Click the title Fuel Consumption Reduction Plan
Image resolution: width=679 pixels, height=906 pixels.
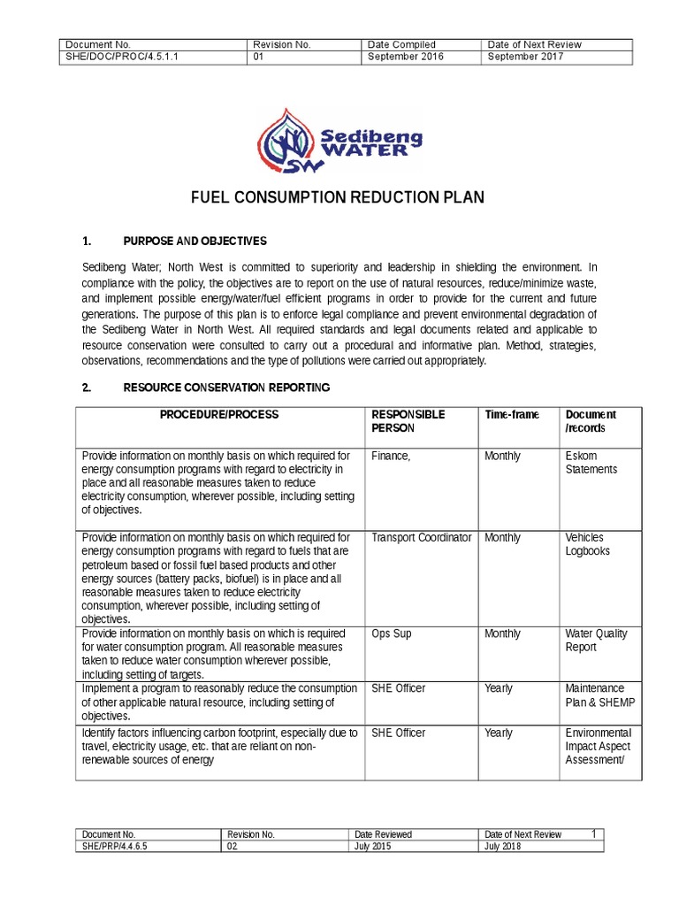338,197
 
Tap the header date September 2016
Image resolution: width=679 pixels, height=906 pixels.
406,58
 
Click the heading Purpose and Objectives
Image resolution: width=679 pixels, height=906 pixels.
195,242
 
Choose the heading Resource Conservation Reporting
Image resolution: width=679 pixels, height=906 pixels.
226,388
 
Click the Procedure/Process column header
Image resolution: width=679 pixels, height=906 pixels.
219,415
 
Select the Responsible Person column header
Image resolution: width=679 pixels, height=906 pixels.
408,421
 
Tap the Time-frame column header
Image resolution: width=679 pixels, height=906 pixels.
512,415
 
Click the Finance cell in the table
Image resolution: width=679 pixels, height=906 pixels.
391,457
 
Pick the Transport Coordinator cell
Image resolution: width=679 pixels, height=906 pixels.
421,538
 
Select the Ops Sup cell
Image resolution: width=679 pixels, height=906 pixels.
392,634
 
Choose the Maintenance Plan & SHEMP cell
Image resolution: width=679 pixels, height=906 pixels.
599,695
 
